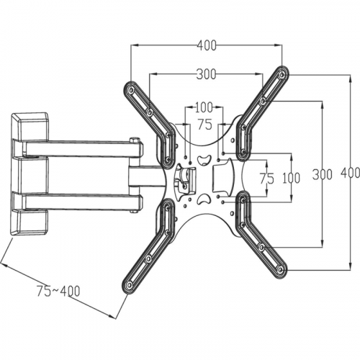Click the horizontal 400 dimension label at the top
click(x=207, y=45)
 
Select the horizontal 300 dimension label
click(x=206, y=74)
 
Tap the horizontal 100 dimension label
click(x=204, y=107)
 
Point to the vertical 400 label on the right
click(x=351, y=173)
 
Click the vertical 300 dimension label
click(x=323, y=174)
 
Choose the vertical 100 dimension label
click(x=291, y=178)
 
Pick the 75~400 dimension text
click(x=58, y=291)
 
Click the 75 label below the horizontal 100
click(x=204, y=125)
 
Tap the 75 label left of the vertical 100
click(x=266, y=179)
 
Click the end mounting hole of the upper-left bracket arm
click(x=131, y=91)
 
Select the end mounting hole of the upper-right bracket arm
click(x=282, y=75)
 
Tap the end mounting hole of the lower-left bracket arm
click(x=130, y=285)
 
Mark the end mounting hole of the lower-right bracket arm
click(x=280, y=270)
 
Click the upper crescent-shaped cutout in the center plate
click(x=204, y=161)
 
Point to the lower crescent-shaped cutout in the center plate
click(x=204, y=198)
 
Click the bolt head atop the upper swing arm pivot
click(x=135, y=140)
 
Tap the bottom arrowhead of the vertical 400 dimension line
click(x=351, y=267)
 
